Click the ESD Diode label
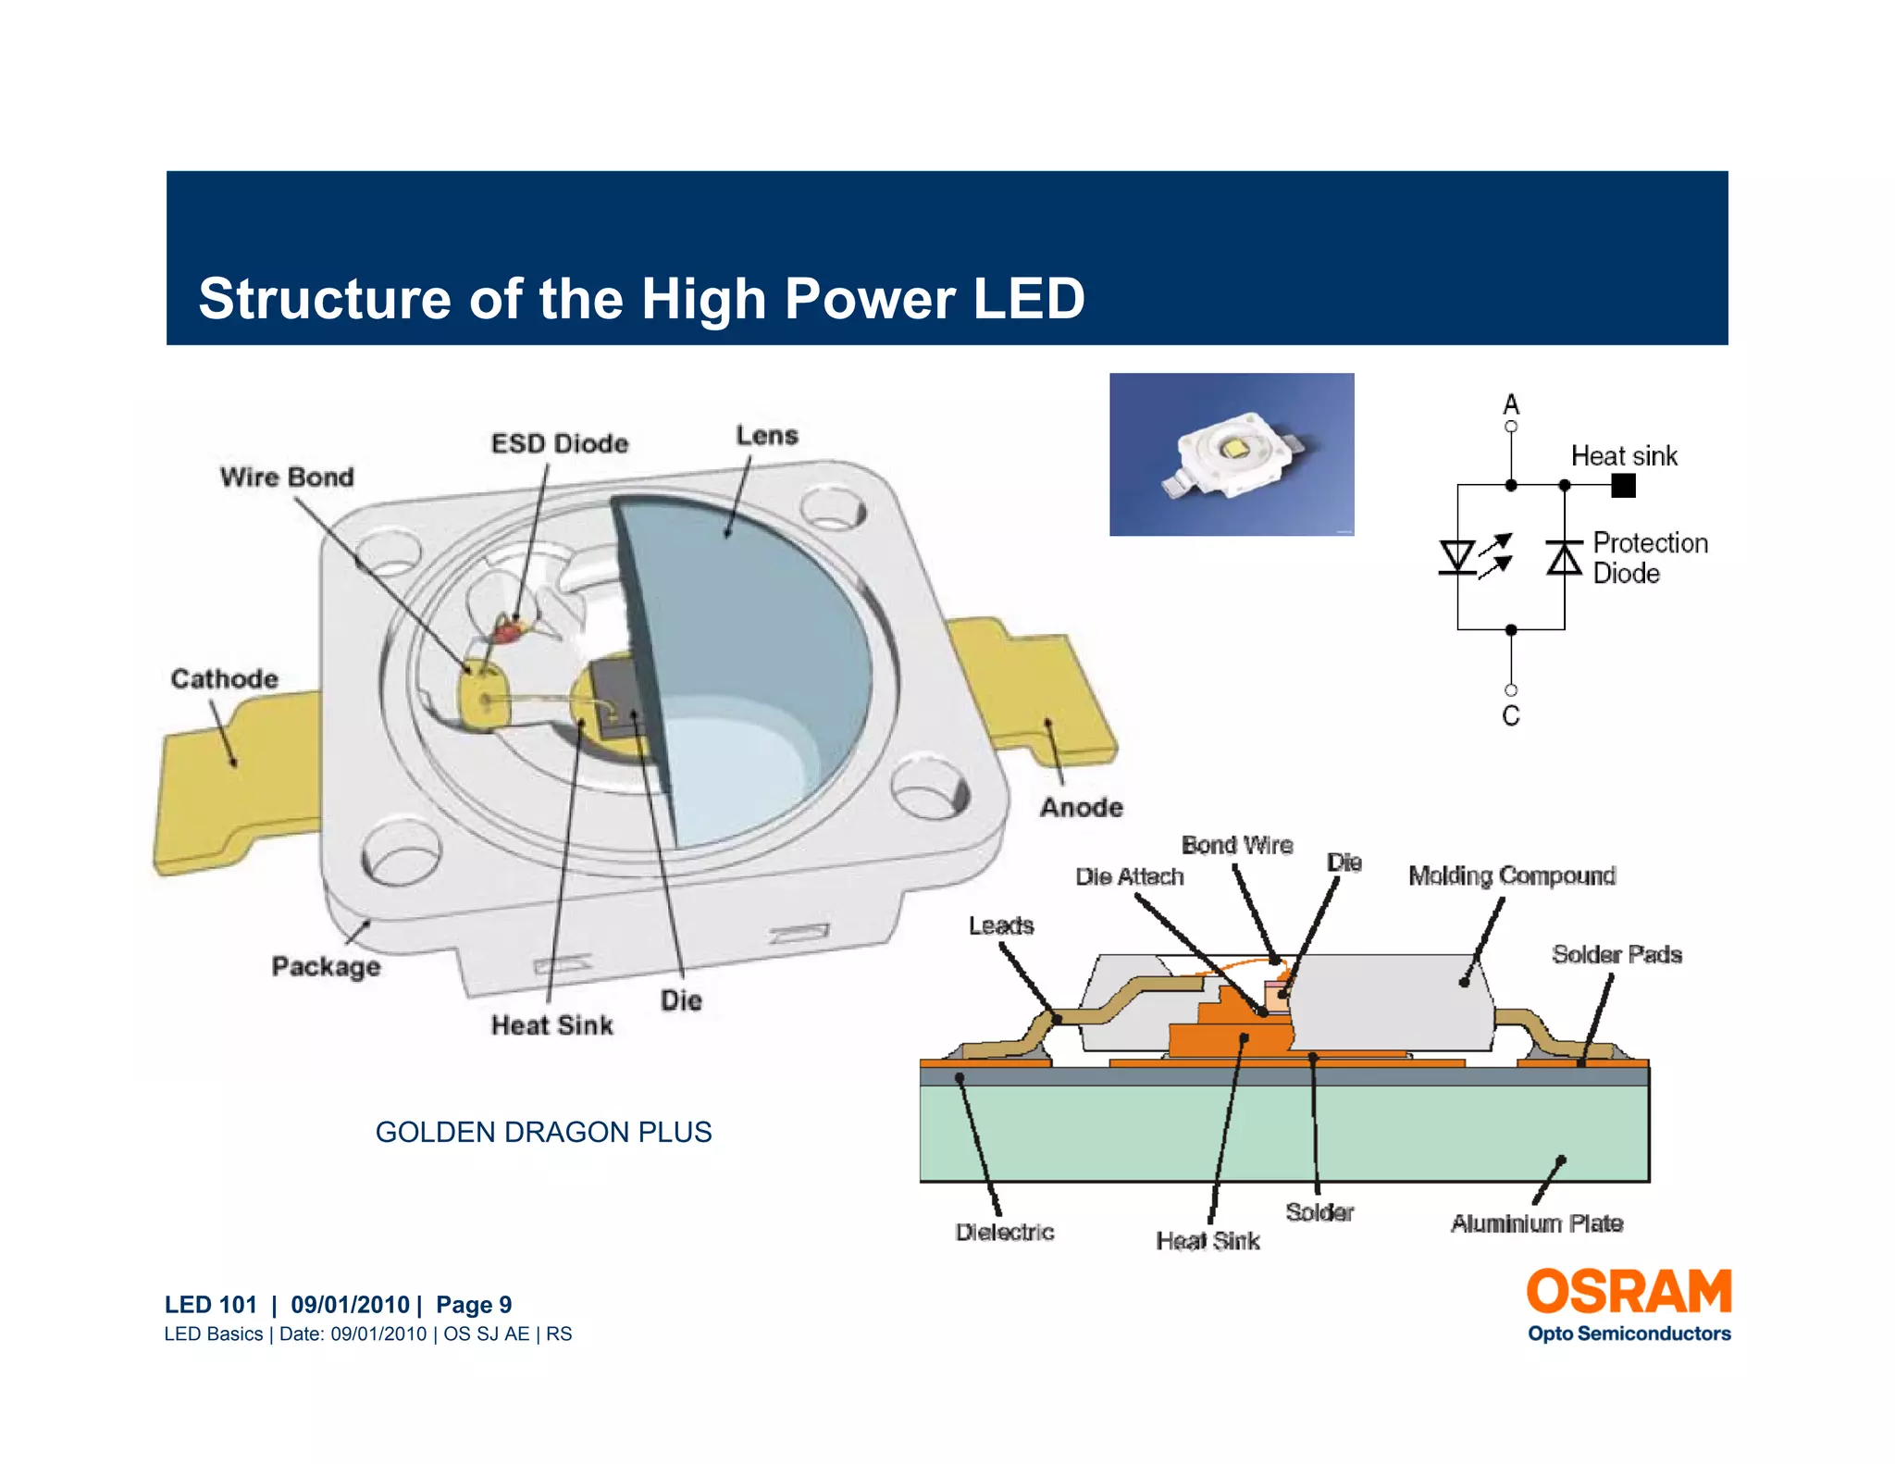559,443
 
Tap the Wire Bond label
287,477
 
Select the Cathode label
224,678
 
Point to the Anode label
1081,807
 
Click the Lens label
766,435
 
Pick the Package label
326,966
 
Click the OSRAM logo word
1629,1292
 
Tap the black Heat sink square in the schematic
1623,485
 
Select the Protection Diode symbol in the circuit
1564,558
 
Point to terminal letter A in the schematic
1511,404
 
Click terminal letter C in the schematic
1511,715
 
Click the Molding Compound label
1512,875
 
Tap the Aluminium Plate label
1537,1223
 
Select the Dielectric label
1005,1232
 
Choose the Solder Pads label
1616,954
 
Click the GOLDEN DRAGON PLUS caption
543,1132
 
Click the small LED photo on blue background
1232,454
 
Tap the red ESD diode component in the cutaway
506,633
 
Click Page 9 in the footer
474,1304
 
